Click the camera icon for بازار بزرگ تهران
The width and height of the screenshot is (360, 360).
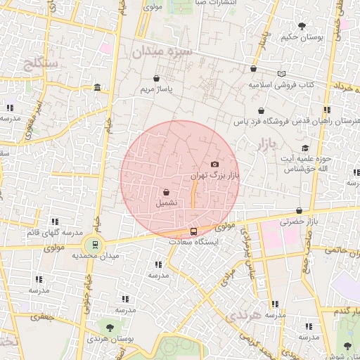(214, 164)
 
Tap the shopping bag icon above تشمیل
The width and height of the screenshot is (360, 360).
(166, 192)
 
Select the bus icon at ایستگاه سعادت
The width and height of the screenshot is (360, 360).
(194, 231)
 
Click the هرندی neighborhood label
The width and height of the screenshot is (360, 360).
(243, 316)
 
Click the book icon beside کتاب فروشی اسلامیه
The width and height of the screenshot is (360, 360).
(282, 74)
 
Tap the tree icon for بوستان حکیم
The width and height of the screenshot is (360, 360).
(302, 26)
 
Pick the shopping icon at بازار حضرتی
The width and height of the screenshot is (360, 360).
(300, 210)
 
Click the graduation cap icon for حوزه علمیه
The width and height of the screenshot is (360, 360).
(305, 148)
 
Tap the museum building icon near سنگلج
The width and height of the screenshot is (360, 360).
(96, 87)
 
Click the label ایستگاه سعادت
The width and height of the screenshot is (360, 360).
(193, 241)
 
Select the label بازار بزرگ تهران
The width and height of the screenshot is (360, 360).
(215, 175)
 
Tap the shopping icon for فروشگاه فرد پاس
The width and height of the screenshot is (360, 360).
(262, 110)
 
